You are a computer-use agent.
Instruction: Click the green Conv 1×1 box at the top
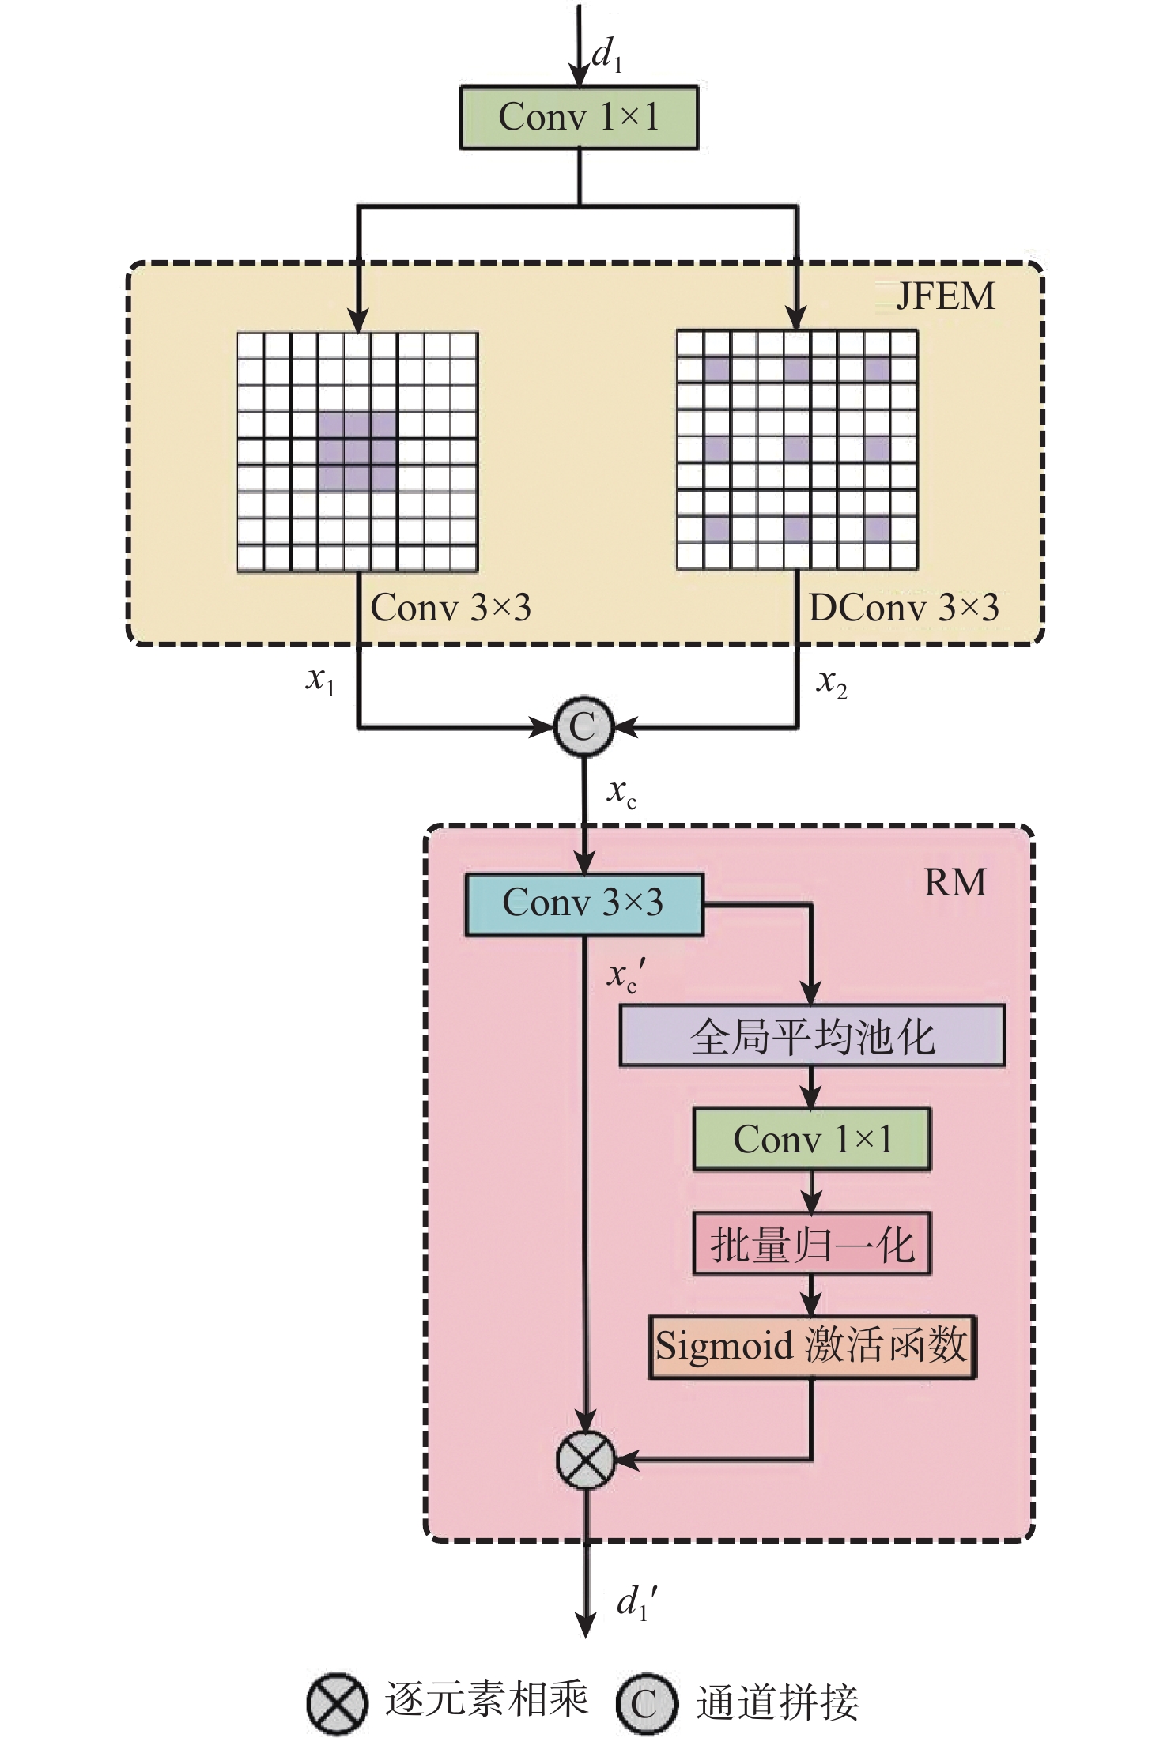pos(579,118)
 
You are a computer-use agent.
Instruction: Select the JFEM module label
pos(945,297)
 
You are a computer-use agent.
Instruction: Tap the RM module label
pos(955,883)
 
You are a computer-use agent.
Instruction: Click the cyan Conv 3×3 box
pos(583,904)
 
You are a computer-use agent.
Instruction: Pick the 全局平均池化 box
pos(812,1036)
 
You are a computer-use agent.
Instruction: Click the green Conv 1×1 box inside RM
pos(812,1140)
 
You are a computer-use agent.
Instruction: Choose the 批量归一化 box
pos(812,1244)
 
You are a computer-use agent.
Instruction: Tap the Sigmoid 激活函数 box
pos(812,1347)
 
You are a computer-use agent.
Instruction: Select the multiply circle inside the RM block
pos(585,1460)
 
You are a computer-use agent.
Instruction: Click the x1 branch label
pos(320,680)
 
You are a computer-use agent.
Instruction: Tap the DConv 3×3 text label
pos(903,608)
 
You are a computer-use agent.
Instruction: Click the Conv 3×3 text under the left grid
pos(450,608)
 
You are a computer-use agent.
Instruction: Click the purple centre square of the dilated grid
pos(797,449)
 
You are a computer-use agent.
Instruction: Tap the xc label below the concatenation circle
pos(621,793)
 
